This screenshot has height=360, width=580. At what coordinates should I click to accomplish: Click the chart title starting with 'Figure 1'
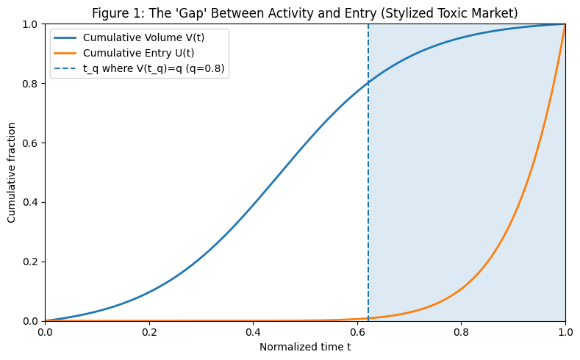[x=305, y=12]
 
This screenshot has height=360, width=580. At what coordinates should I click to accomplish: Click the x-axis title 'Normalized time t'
[x=305, y=346]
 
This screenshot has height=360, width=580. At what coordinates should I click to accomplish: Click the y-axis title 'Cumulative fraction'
[x=12, y=173]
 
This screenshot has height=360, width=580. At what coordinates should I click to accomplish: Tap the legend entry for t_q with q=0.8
[x=154, y=70]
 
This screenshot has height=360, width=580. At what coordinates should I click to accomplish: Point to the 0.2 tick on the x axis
[x=149, y=331]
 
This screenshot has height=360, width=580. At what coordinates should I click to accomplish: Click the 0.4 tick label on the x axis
[x=253, y=331]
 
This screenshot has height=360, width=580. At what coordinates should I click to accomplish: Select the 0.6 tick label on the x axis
[x=357, y=331]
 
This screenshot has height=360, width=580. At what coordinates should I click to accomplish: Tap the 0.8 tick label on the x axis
[x=461, y=331]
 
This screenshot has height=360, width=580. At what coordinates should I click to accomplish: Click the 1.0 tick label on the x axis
[x=565, y=331]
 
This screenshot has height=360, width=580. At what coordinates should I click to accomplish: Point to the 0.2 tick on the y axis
[x=31, y=262]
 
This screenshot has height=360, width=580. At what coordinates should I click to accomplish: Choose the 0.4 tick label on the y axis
[x=31, y=202]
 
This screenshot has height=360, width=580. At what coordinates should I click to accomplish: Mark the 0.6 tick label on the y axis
[x=31, y=143]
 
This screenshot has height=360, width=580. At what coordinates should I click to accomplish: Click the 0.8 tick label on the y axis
[x=31, y=83]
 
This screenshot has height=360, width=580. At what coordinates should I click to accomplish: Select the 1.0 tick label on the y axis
[x=31, y=24]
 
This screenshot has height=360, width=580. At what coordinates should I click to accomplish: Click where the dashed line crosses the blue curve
[x=368, y=83]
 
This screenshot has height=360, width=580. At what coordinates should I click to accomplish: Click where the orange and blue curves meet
[x=565, y=24]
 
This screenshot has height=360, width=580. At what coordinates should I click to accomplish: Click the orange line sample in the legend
[x=65, y=54]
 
